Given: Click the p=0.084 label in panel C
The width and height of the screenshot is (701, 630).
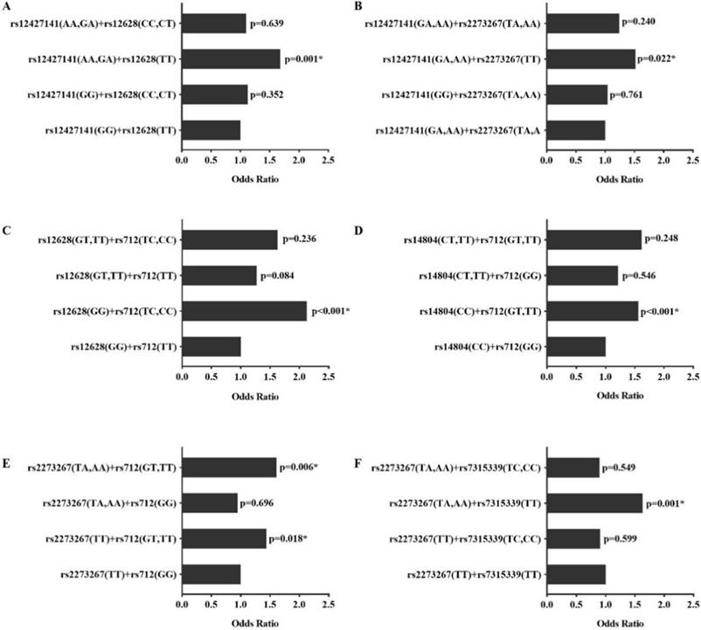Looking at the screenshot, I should [276, 277].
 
